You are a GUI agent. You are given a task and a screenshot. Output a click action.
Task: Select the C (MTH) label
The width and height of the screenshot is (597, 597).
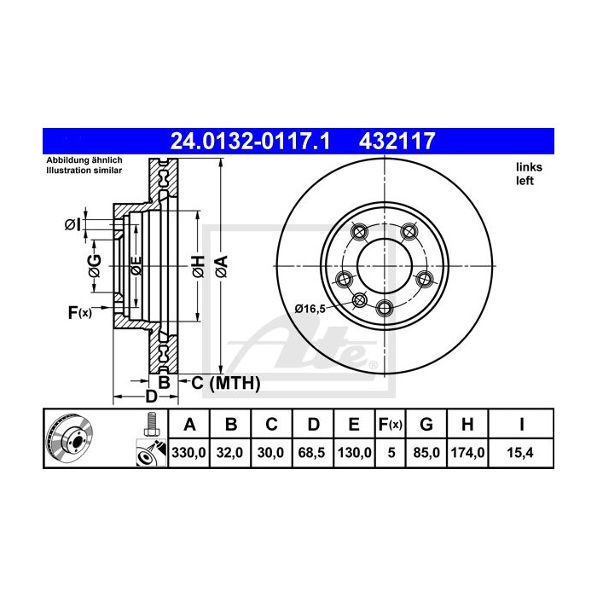coord(225,383)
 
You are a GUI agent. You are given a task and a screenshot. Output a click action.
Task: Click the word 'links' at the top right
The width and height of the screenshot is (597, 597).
coord(528,168)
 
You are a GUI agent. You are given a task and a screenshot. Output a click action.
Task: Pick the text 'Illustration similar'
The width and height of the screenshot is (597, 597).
coord(84,171)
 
